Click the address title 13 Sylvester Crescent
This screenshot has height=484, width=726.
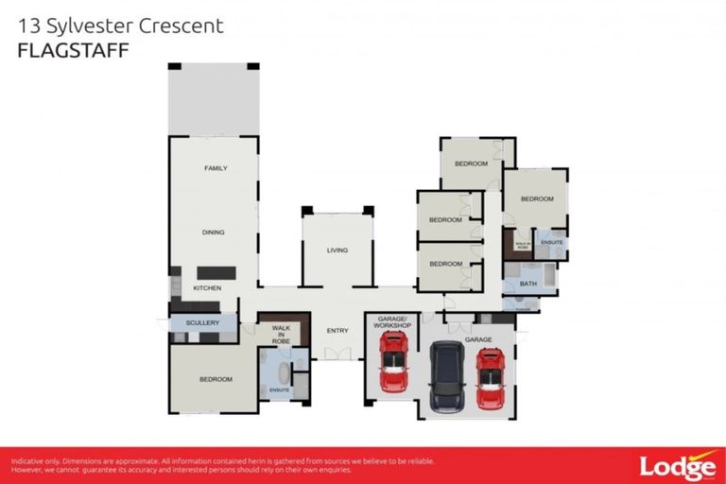[x=121, y=26]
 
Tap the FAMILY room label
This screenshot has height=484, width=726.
[x=216, y=168]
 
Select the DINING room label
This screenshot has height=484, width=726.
[x=213, y=232]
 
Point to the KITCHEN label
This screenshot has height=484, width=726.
[x=207, y=287]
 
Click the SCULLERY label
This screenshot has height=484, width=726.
[x=202, y=323]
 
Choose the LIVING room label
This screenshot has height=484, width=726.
[x=337, y=251]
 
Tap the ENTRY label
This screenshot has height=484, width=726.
[x=337, y=331]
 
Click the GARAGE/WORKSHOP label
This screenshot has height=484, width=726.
[x=391, y=322]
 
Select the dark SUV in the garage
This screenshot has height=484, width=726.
[x=446, y=375]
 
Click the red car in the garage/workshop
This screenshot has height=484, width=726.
[x=393, y=362]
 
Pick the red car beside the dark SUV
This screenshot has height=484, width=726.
[x=490, y=377]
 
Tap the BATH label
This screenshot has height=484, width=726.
[x=527, y=283]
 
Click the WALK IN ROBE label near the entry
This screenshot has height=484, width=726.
[x=281, y=334]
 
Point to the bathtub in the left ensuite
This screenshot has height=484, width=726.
[x=281, y=370]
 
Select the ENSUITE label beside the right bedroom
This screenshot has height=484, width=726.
[x=552, y=243]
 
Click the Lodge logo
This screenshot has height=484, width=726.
[x=677, y=466]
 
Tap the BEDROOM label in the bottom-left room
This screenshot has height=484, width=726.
[x=216, y=379]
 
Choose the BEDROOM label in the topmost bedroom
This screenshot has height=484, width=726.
[x=471, y=164]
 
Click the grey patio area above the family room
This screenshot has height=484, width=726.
[x=213, y=100]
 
